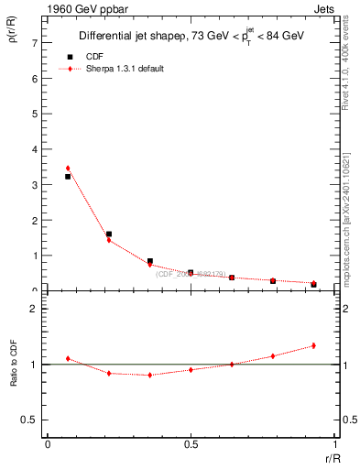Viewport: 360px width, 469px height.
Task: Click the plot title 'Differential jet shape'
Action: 137,37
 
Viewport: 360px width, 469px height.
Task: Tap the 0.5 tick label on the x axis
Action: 191,443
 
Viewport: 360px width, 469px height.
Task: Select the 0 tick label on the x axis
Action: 48,443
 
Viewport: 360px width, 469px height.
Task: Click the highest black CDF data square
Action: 68,177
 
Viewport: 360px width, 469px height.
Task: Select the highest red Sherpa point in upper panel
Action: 68,169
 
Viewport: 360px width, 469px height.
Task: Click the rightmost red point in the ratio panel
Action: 313,345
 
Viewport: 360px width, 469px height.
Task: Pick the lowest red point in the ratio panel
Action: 149,375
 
